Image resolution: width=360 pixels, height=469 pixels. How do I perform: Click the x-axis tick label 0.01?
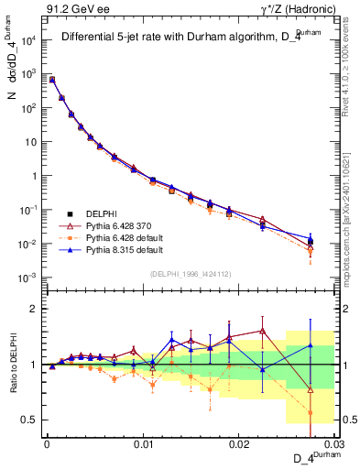[142, 443]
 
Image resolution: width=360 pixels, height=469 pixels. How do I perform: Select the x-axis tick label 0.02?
[239, 443]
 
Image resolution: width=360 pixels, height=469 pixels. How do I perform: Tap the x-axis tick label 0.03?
[334, 443]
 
